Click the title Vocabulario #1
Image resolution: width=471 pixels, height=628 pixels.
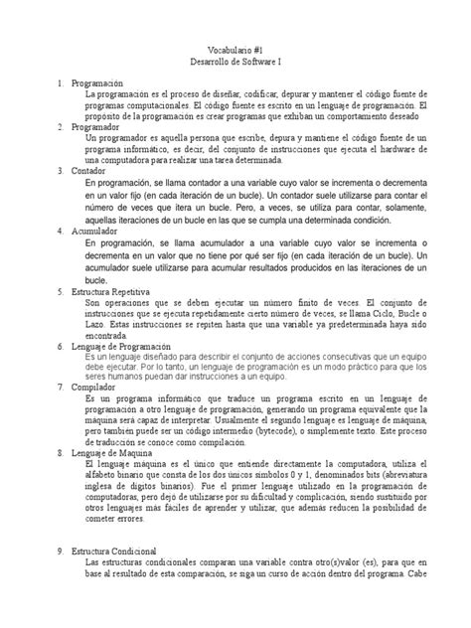point(235,48)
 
